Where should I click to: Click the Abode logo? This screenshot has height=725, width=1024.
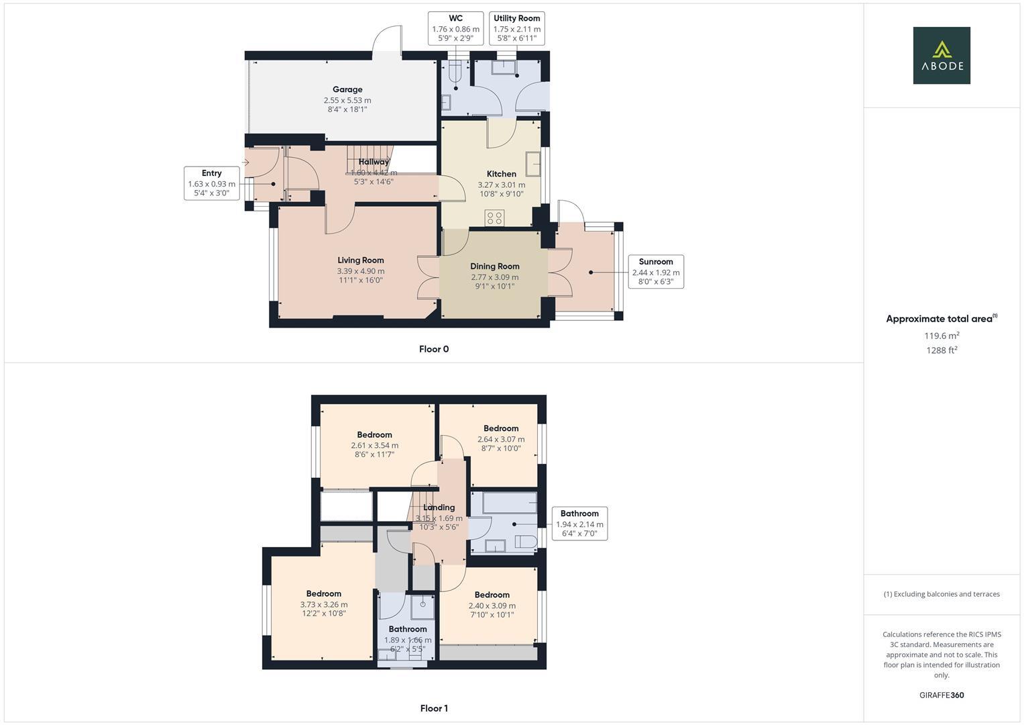[941, 55]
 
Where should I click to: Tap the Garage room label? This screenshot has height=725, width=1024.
[347, 90]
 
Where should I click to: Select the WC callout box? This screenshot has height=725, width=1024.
[455, 28]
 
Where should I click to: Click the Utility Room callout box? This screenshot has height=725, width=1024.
[516, 28]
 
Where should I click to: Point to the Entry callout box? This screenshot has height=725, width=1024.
[212, 183]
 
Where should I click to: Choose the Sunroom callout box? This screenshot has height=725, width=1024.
[655, 272]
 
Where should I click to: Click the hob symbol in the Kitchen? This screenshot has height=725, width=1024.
[495, 217]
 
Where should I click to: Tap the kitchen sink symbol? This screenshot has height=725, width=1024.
[533, 164]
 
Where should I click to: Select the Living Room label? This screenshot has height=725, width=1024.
[361, 260]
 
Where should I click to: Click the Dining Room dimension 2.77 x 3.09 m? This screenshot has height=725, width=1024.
[494, 277]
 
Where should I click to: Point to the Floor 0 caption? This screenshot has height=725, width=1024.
[434, 349]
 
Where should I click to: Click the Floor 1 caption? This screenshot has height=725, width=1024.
[434, 708]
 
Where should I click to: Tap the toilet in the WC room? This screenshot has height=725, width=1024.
[456, 70]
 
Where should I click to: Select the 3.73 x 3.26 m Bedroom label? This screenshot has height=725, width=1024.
[324, 594]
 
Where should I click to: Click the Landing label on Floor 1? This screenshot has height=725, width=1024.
[439, 507]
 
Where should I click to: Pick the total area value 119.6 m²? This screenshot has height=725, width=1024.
[942, 336]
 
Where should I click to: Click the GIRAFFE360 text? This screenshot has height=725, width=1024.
[942, 695]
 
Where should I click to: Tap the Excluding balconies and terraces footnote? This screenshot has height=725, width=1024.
[942, 594]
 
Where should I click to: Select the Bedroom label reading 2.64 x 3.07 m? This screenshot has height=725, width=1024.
[501, 429]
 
